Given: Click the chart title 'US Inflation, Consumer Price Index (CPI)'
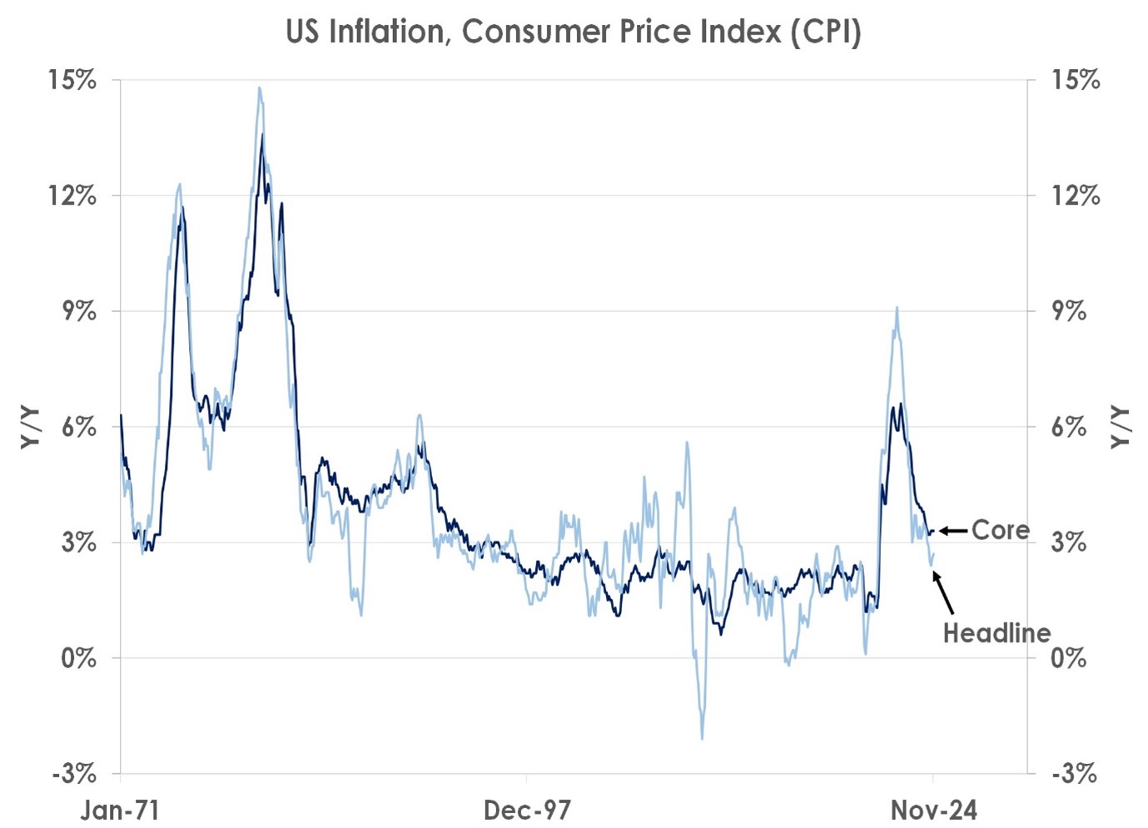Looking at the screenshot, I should pos(573,32).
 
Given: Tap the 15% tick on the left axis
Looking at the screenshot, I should pos(72,81).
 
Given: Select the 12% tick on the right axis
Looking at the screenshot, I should pos(1075,196).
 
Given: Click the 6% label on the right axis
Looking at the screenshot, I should pos(1068,428).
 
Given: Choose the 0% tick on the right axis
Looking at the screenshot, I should pos(1068,658).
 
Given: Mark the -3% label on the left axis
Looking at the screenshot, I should pos(74,774).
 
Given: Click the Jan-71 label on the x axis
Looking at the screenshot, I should pos(120,810).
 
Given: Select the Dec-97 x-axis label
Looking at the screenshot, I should pos(527,810).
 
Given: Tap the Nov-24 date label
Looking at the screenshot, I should pos(933,810).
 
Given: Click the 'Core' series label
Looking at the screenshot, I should pos(1000,530).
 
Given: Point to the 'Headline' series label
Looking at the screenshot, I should pos(996,633).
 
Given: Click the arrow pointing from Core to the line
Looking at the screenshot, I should pos(953,531).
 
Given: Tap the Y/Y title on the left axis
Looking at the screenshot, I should pos(31,428).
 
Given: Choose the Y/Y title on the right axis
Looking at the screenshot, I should pos(1121,428).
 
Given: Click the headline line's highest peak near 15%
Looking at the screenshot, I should pos(260,87).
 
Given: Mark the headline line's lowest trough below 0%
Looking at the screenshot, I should pos(702,738).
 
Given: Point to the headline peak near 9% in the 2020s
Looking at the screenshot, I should pos(897,308).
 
